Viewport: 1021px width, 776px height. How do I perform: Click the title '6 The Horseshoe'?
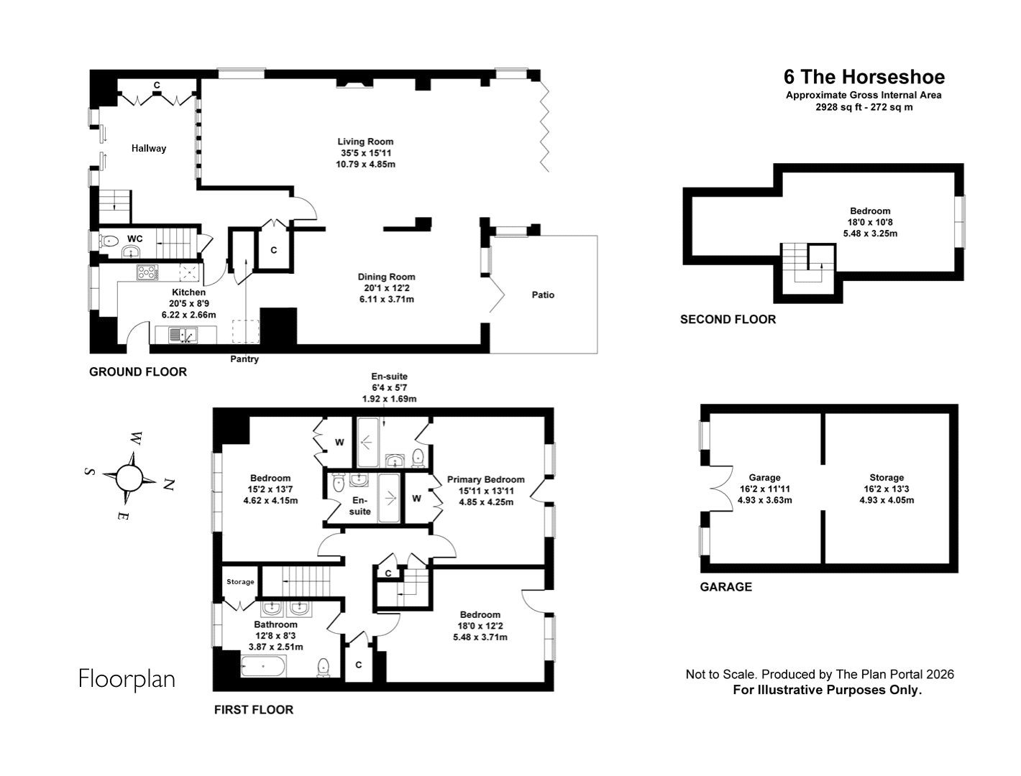864,77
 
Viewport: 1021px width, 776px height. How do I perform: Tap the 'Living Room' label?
365,142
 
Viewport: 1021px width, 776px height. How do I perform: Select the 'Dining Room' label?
387,277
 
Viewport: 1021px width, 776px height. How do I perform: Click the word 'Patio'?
543,295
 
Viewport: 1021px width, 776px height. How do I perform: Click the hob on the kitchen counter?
148,272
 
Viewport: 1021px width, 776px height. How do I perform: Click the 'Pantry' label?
244,359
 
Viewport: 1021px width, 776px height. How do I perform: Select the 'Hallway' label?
149,148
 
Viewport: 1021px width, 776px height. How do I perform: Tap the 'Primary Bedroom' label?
485,479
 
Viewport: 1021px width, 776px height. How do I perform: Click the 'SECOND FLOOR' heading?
728,320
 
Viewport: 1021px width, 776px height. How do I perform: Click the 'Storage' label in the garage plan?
886,478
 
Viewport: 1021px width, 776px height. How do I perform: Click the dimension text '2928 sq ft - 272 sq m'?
864,108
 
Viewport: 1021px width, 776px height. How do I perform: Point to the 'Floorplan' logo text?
127,678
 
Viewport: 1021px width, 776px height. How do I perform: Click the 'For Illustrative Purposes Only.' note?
827,690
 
